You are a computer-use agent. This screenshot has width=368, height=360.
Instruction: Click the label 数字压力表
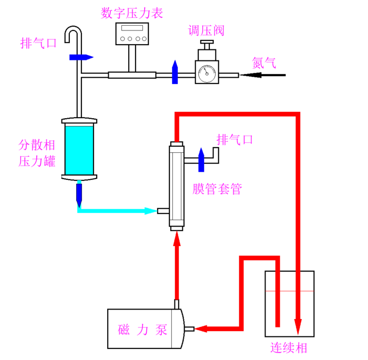pyautogui.click(x=131, y=13)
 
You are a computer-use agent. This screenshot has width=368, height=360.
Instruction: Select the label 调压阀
pyautogui.click(x=207, y=30)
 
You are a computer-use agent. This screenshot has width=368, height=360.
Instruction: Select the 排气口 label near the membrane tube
pyautogui.click(x=235, y=140)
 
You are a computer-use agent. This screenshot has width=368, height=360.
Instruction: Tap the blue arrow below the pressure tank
pyautogui.click(x=79, y=194)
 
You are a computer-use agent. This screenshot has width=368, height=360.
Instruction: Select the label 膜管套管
pyautogui.click(x=217, y=189)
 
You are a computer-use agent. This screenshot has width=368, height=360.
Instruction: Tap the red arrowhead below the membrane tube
pyautogui.click(x=177, y=239)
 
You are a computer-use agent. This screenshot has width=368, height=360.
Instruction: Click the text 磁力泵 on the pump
pyautogui.click(x=142, y=330)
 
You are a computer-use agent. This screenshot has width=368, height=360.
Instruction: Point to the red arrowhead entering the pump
pyautogui.click(x=201, y=330)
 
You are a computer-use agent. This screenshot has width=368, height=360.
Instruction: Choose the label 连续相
pyautogui.click(x=289, y=347)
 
